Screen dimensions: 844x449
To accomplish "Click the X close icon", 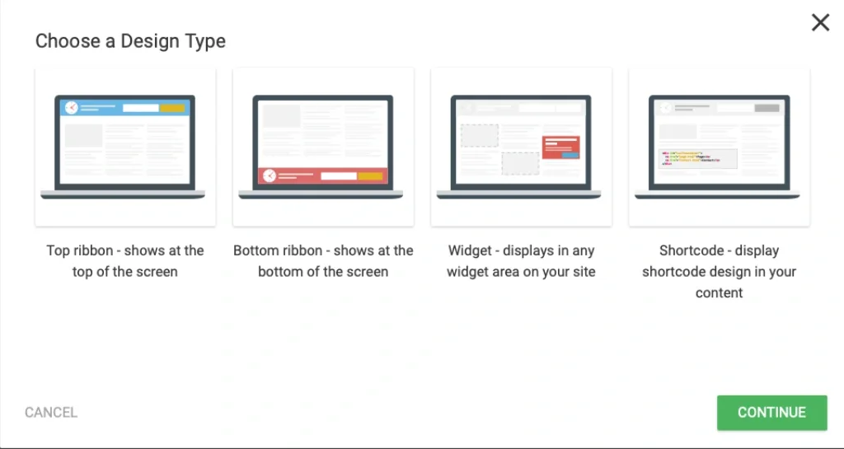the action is (820, 22).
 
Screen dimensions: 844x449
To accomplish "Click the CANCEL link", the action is (51, 413).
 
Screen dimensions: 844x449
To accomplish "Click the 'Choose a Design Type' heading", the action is (130, 41).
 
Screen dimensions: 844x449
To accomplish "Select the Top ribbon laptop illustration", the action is (124, 147).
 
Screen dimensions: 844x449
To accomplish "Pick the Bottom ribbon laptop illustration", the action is (321, 147).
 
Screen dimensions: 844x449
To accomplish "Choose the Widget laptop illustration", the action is (519, 147).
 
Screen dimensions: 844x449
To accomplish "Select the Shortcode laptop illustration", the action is (718, 147).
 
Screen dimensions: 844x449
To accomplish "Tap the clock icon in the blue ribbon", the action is (72, 108).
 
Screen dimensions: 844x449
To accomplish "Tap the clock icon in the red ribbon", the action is (270, 175).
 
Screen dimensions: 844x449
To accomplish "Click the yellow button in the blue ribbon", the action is (172, 108).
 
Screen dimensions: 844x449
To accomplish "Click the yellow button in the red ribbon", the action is (370, 175).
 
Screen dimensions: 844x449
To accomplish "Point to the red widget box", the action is (560, 147).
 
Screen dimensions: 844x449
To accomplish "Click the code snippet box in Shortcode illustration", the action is (697, 159).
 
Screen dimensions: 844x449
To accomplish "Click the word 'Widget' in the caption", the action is (470, 251).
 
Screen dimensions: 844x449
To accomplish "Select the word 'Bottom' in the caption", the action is (256, 251).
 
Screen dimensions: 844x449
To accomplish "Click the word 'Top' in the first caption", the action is (59, 251).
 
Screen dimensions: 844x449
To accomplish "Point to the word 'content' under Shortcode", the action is (719, 293).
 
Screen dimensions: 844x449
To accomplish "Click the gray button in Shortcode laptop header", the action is (767, 108).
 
